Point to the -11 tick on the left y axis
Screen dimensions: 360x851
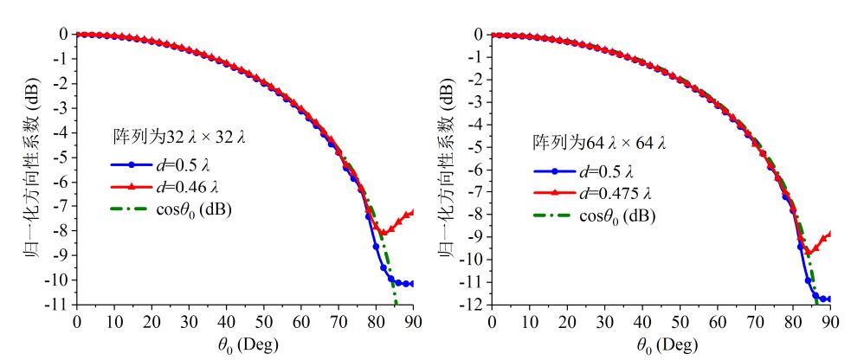click(x=60, y=305)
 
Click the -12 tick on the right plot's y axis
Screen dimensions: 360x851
click(x=475, y=305)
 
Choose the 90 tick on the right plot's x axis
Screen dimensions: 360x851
click(x=830, y=323)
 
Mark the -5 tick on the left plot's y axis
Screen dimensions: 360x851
click(x=61, y=157)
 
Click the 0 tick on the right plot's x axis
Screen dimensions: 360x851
click(x=492, y=323)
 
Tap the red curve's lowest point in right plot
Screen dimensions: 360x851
click(x=808, y=252)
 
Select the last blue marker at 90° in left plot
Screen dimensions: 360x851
click(x=412, y=283)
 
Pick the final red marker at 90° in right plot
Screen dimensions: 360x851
click(x=829, y=234)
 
